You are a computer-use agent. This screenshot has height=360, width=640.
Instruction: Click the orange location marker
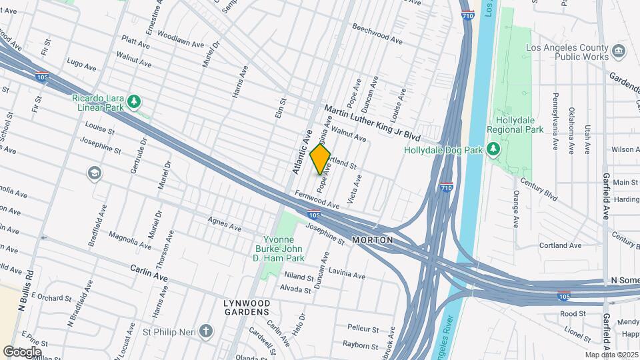[x=321, y=159]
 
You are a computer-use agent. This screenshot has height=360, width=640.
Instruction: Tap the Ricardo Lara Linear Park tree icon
[x=135, y=101]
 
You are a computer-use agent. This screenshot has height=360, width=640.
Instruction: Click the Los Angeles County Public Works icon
[x=619, y=51]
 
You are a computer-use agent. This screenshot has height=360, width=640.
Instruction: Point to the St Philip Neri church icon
[x=207, y=331]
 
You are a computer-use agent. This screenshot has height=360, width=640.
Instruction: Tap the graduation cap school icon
[x=95, y=174]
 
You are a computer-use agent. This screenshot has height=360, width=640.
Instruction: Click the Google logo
[x=22, y=351]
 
